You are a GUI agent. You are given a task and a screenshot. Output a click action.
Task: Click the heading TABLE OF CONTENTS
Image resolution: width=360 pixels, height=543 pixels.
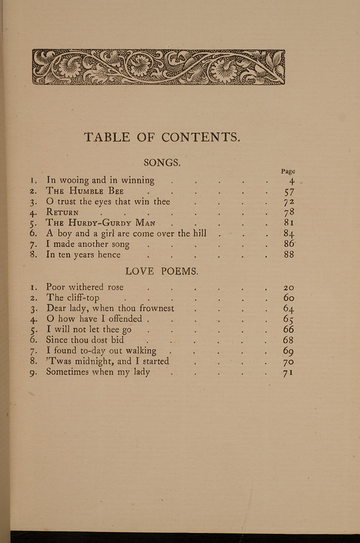[162, 137]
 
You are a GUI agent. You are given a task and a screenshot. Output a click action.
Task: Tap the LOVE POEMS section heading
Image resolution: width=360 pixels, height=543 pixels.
[162, 271]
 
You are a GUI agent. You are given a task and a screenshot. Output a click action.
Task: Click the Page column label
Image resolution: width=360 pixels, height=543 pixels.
[288, 171]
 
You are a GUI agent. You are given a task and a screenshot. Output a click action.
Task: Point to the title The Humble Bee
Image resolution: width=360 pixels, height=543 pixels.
[85, 191]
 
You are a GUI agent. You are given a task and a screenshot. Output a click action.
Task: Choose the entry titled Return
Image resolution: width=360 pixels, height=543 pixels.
[62, 212]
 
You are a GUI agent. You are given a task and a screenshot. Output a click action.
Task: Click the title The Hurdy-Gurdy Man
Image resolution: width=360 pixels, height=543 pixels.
[101, 223]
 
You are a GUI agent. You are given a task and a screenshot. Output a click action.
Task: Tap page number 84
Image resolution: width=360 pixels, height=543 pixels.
[289, 233]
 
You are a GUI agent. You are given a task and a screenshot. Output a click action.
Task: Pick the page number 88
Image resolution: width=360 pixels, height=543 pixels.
[288, 255]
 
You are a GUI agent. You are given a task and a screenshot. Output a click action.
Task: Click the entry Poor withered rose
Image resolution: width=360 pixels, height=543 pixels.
[85, 287]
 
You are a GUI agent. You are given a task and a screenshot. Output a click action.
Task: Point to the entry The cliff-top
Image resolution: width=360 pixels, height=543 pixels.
[73, 298]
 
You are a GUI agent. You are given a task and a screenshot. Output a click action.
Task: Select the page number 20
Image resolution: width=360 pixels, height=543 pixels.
[288, 287]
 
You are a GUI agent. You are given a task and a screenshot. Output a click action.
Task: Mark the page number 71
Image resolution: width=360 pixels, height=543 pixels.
[288, 373]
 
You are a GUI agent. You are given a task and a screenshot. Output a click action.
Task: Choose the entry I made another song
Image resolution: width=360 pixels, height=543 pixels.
[88, 244]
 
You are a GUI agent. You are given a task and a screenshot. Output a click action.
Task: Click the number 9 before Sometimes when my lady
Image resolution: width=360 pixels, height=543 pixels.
[33, 373]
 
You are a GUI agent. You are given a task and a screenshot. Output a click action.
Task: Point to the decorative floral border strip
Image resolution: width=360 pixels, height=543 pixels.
[158, 67]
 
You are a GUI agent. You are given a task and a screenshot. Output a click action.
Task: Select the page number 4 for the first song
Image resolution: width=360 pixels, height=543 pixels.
[292, 181]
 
